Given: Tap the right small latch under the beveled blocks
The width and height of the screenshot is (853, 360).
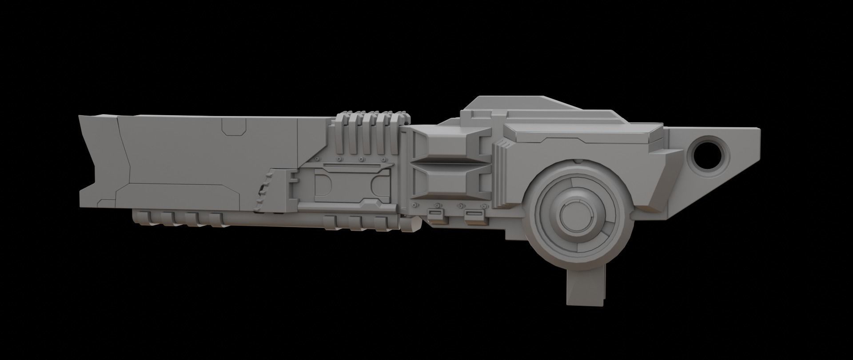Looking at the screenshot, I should (x=472, y=216).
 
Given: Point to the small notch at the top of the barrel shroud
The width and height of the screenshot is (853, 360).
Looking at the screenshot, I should (x=234, y=129).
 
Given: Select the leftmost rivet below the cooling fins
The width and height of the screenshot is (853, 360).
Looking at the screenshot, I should (x=317, y=159).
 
